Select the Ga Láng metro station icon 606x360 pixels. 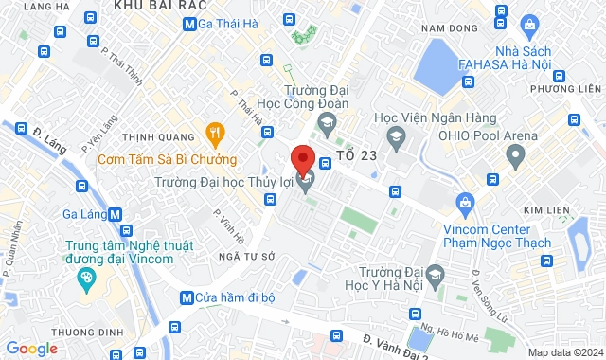pos(115,214)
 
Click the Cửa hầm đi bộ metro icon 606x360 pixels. pos(187,297)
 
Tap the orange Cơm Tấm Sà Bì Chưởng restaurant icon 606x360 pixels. pos(214,132)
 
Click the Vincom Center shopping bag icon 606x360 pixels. pos(465,202)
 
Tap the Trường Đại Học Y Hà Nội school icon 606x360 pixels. pos(435,276)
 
